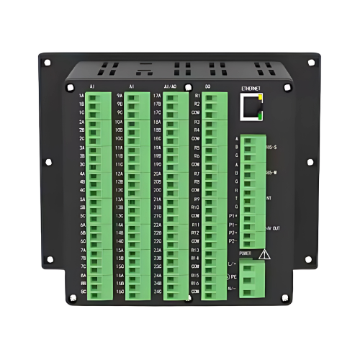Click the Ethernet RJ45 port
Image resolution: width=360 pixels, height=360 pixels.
click(x=251, y=109)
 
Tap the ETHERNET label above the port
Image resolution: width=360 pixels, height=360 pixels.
click(x=250, y=89)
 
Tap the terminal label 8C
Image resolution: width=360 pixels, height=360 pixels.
click(x=82, y=292)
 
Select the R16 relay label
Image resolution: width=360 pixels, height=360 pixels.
click(x=195, y=284)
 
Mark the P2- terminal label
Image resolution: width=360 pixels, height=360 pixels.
click(x=233, y=241)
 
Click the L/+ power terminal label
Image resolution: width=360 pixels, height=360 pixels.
click(x=232, y=265)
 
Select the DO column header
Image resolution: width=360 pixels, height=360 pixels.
click(x=207, y=86)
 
